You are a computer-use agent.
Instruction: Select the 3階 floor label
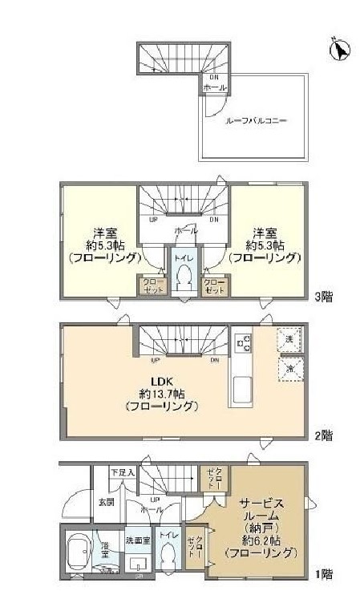point(323,296)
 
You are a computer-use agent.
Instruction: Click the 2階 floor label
point(323,435)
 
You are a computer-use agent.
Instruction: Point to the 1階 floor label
point(323,575)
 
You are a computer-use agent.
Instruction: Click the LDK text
point(156,380)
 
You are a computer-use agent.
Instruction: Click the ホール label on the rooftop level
point(213,87)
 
